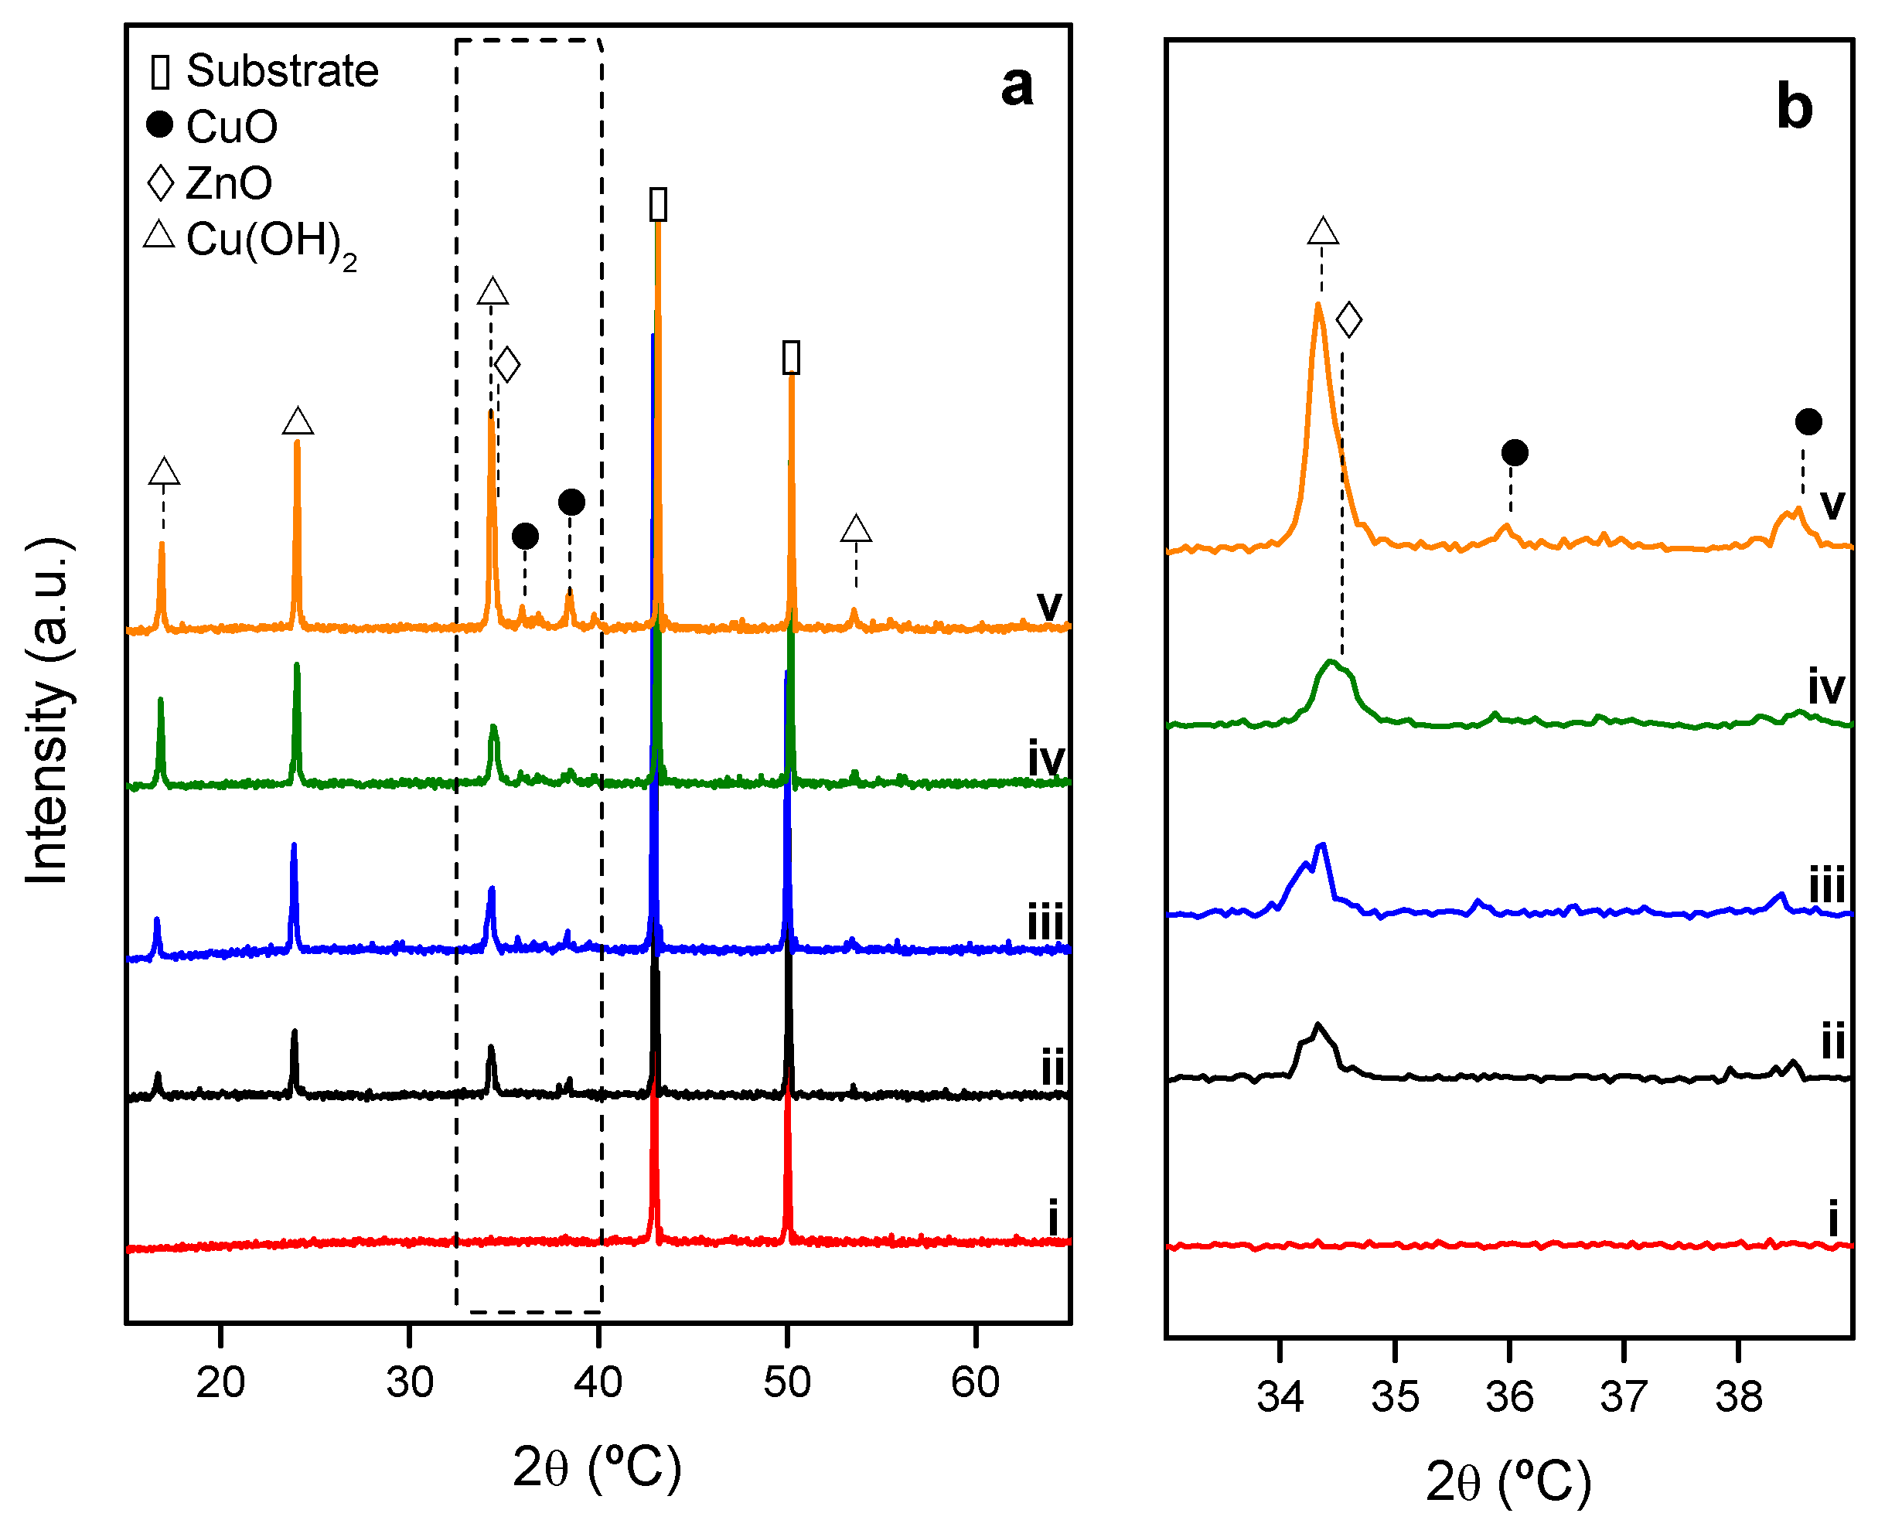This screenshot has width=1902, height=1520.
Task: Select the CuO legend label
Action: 232,127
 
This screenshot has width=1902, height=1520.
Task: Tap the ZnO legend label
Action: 229,183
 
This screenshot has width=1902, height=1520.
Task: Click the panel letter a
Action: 1016,87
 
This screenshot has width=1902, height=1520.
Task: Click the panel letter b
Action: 1794,107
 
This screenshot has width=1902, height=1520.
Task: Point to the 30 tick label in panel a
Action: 409,1382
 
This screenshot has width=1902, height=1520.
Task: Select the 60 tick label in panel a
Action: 975,1382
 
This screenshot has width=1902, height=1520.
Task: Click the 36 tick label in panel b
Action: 1509,1396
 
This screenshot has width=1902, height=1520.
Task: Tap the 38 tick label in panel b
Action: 1738,1396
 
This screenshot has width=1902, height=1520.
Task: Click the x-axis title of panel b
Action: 1508,1481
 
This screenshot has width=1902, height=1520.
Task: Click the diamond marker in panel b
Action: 1349,319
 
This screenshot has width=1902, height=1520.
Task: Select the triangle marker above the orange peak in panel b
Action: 1322,232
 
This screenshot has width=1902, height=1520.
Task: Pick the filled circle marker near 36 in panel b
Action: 1515,453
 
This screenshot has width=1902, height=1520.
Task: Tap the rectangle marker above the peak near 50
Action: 791,357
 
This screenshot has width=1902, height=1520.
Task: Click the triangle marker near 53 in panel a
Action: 856,530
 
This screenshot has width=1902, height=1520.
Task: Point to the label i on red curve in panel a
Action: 1052,1219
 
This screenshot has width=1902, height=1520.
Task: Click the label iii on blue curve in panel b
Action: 1826,884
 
